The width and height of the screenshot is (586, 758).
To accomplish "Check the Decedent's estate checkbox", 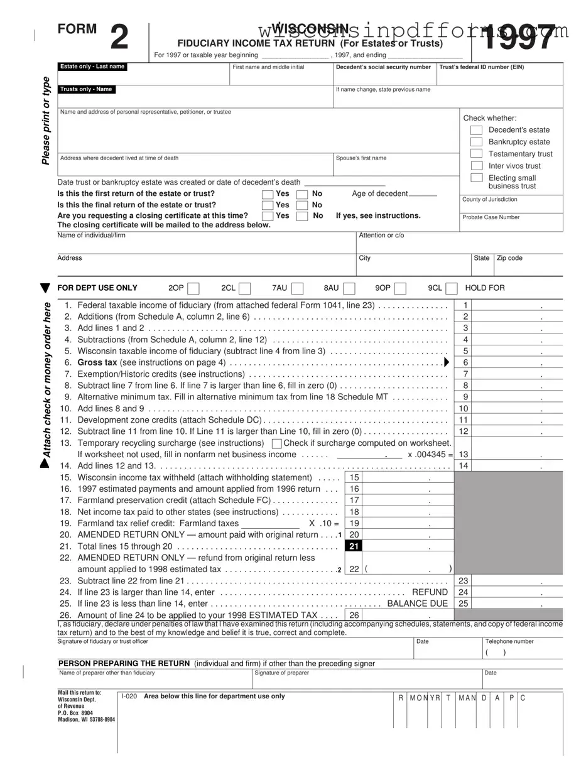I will pos(476,130).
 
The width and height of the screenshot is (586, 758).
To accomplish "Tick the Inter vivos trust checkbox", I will pos(476,166).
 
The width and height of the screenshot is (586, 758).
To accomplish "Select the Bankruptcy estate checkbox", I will pos(476,142).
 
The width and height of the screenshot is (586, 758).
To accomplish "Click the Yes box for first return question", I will pos(268,194).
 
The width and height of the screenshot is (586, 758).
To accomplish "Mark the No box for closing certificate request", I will pos(302,216).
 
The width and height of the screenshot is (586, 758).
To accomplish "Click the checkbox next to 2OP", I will pos(193,288).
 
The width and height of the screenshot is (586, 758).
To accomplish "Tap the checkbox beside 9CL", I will pos(451,288).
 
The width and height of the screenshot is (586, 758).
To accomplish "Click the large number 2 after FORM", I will pos(119,38).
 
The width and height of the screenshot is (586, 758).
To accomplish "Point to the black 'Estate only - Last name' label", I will pos(92,67).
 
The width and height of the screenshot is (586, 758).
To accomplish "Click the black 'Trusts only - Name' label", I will pos(86,89).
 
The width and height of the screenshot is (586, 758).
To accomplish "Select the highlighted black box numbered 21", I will pos(354,546).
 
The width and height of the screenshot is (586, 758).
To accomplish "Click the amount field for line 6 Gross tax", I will pos(516,362).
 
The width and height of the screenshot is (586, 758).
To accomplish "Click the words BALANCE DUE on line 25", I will pos(418,604).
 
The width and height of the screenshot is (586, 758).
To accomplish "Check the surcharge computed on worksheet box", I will pos(276,443).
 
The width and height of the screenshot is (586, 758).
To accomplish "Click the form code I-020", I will pos(129,696).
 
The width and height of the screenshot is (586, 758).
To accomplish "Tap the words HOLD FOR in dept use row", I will pos(484,288).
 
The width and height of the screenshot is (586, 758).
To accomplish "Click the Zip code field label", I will pos(509,258).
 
